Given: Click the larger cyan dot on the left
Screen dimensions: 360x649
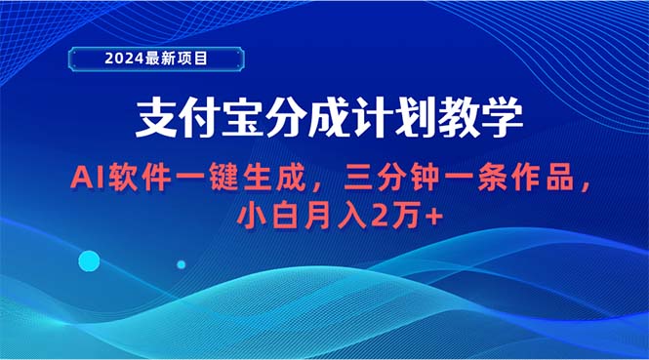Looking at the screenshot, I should pyautogui.click(x=89, y=260).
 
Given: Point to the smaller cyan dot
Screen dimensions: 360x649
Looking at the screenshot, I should pyautogui.click(x=181, y=263).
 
